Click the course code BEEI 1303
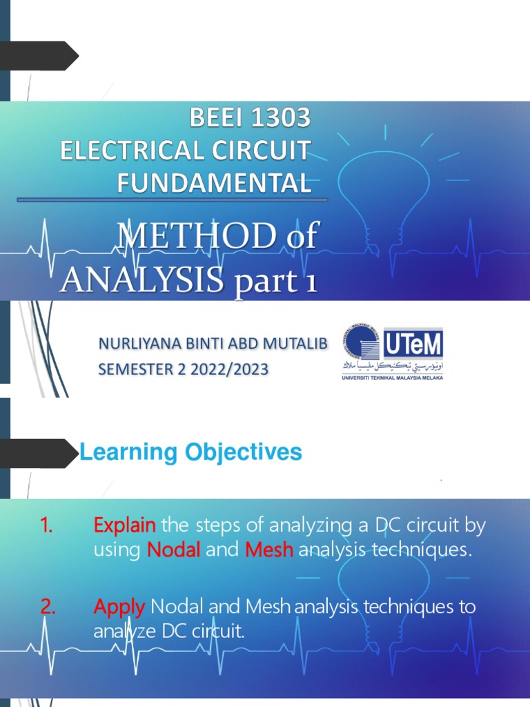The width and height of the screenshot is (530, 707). click(x=250, y=119)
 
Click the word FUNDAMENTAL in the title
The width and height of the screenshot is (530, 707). click(x=213, y=183)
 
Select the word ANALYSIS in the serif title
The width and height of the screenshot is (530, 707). click(x=141, y=281)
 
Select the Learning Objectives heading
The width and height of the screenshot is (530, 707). click(x=191, y=453)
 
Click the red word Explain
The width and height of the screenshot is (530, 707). click(x=124, y=526)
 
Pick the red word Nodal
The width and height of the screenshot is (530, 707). click(x=174, y=551)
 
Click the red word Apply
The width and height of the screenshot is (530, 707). click(x=119, y=608)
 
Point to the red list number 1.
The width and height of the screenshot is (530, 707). click(x=47, y=526)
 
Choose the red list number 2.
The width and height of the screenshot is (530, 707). click(x=48, y=608)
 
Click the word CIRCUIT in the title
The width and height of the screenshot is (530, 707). click(x=263, y=151)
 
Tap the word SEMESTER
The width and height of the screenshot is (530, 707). click(x=135, y=370)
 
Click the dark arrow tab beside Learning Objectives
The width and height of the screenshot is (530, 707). click(x=38, y=454)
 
